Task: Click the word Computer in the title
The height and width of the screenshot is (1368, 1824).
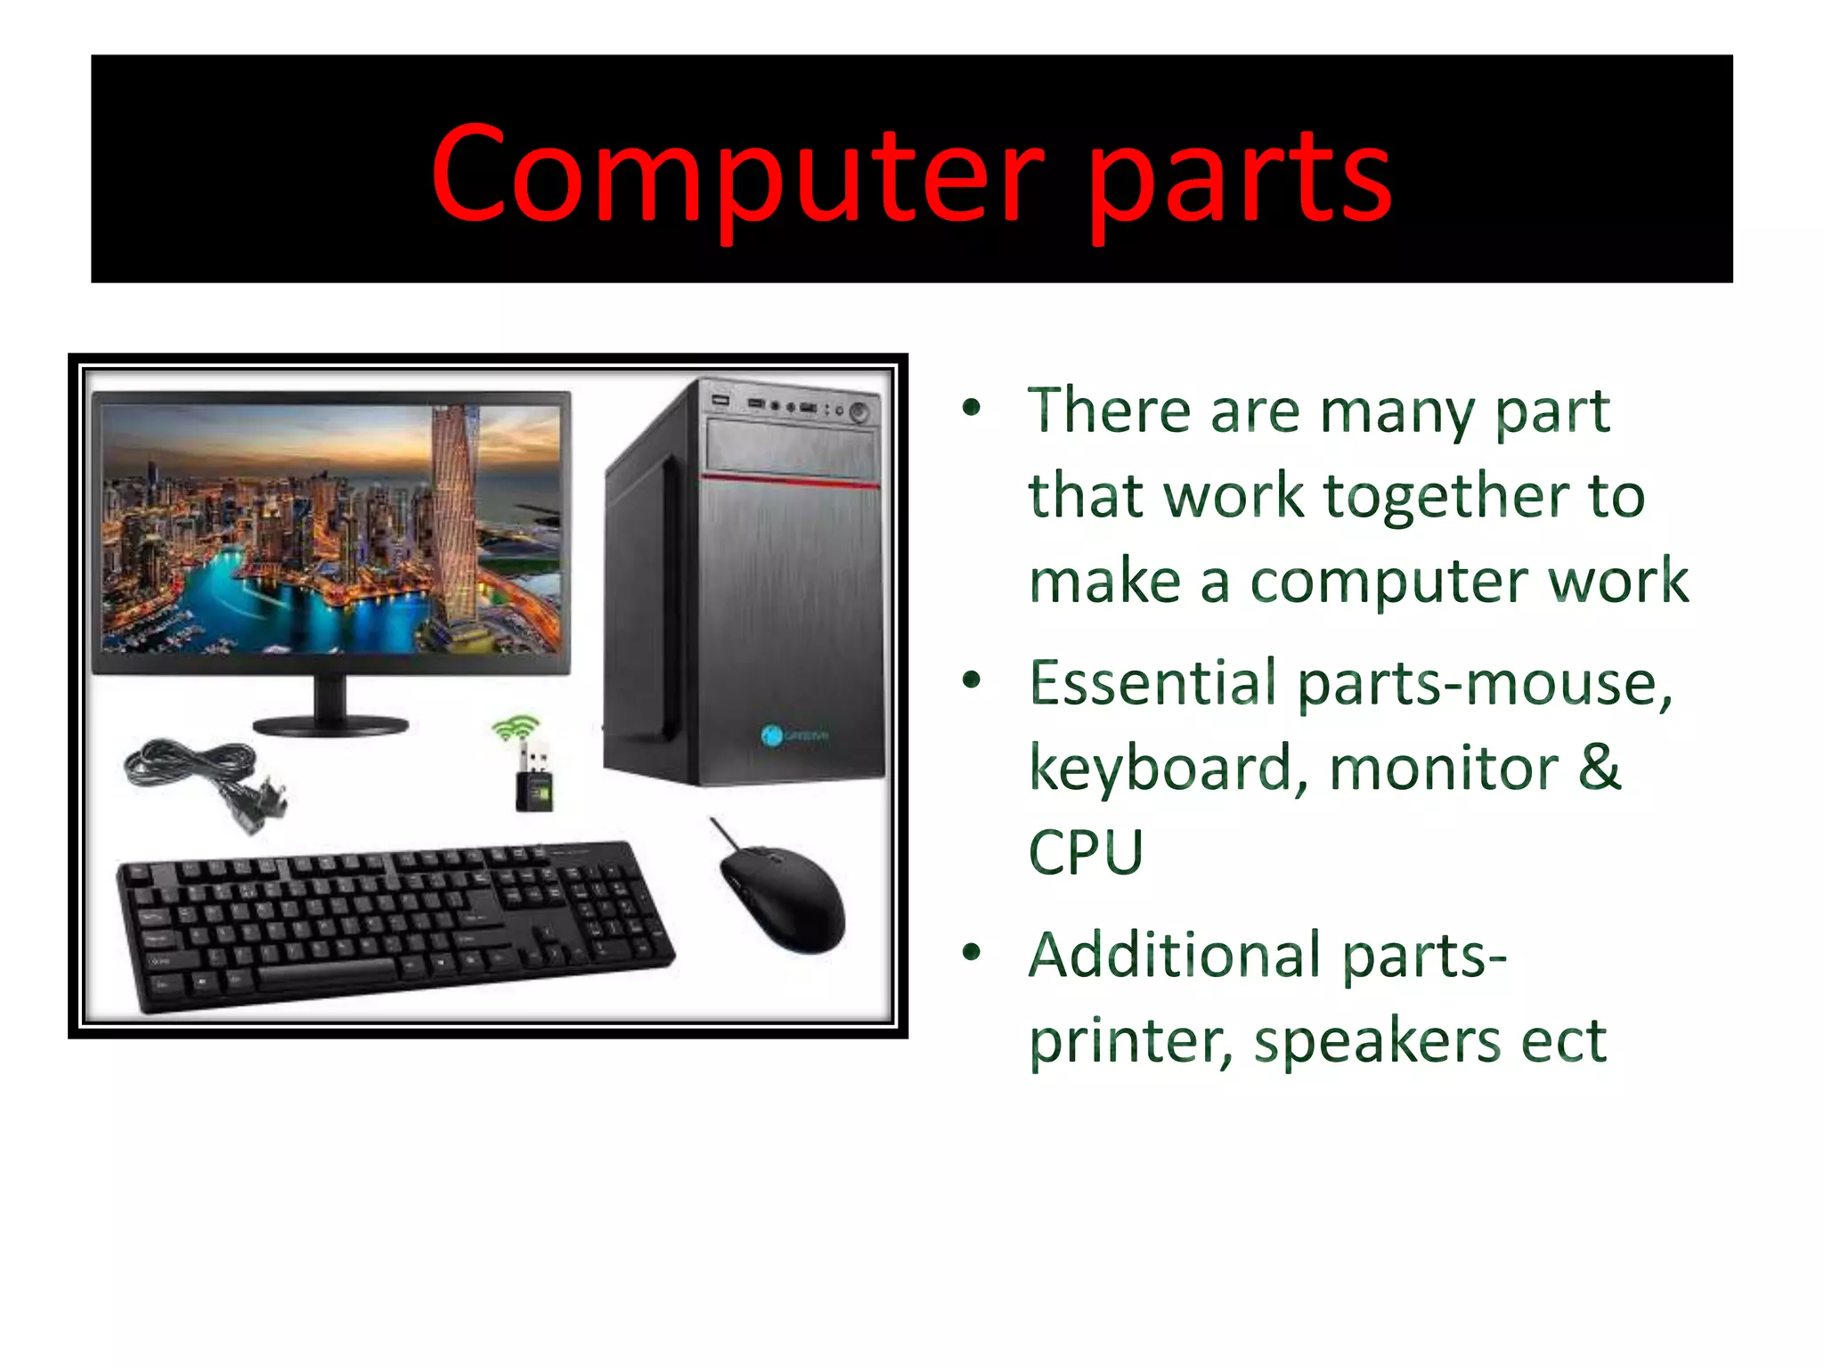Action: pos(737,173)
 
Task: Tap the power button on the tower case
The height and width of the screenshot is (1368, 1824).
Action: pos(859,411)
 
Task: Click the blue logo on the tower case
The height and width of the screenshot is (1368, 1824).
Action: pos(771,735)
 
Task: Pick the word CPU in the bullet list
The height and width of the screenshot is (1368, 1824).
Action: pos(1086,852)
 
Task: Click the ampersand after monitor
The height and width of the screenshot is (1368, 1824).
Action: pos(1599,767)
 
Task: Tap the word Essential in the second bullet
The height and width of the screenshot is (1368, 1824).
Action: pos(1153,683)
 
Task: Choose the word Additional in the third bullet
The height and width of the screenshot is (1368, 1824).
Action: pos(1174,956)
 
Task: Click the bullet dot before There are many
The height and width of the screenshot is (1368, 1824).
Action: pos(972,409)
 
